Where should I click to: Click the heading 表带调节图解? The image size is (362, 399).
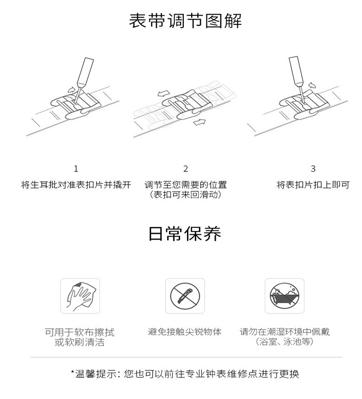coord(185,21)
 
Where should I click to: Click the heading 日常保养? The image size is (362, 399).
coord(185,233)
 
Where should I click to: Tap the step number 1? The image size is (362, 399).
coord(76,168)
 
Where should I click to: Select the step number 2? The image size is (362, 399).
coord(186,168)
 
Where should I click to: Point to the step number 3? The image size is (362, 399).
coord(313,168)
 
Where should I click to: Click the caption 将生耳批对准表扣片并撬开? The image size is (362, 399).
coord(76,185)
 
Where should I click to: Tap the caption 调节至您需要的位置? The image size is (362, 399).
coord(186,185)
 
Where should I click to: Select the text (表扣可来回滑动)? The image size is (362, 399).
coord(186,194)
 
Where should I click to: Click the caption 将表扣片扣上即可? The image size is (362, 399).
coord(313,185)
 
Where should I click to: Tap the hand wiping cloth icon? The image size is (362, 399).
coord(80,296)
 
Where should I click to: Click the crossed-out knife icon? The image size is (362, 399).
coord(185,296)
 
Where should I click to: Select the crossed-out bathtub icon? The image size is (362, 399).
coord(285,296)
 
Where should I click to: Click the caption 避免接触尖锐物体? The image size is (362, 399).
coord(185,332)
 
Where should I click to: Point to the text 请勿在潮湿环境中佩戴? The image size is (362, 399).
coord(285,332)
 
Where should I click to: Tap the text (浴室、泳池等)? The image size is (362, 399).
coord(285,342)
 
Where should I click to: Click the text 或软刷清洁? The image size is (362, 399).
coord(80,342)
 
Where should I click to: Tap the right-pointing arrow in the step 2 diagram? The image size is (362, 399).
coord(199,122)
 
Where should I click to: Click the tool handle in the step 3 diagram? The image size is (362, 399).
coord(296,71)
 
